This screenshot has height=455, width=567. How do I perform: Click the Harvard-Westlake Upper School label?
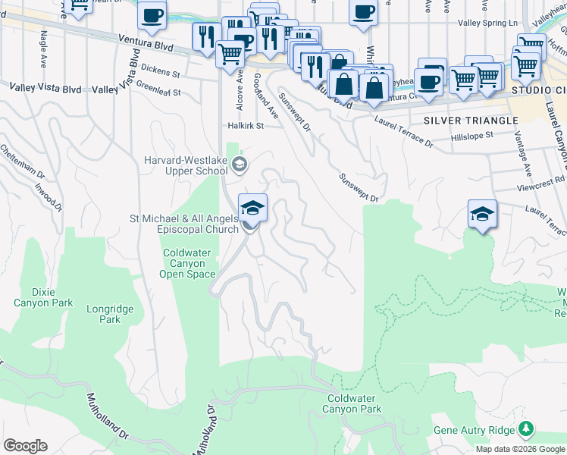tap(186, 165)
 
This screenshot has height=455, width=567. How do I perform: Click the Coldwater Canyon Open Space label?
tap(189, 264)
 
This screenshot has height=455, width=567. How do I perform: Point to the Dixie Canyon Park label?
tap(43, 297)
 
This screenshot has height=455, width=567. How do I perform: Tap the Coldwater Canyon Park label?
tap(354, 403)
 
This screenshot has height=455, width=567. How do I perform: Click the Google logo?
tap(25, 446)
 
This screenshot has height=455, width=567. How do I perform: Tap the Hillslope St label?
tap(472, 134)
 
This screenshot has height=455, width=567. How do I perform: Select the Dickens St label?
tap(164, 74)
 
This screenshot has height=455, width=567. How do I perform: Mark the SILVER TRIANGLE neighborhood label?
tap(471, 120)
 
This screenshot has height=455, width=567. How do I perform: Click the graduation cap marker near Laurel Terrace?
tap(482, 215)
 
